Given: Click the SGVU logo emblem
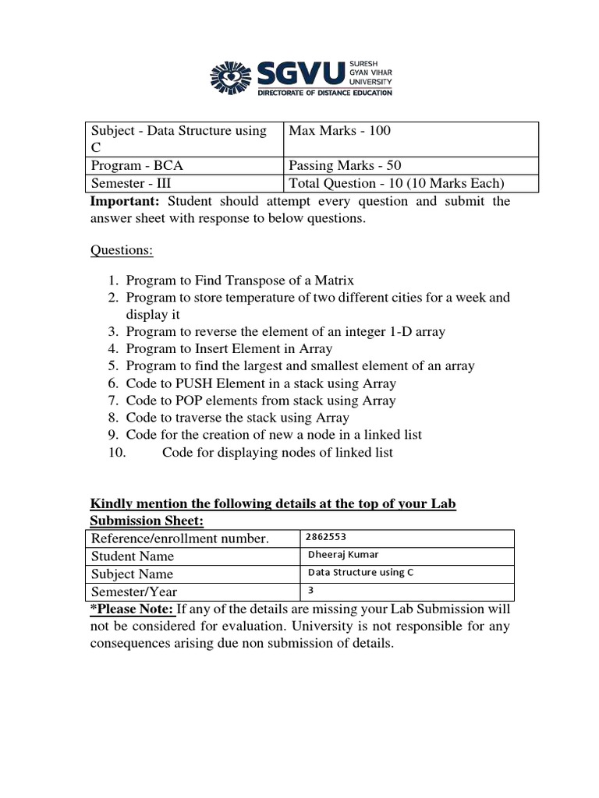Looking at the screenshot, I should coord(232,77).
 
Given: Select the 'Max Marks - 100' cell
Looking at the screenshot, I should coord(339,131).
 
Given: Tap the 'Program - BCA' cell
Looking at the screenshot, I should coord(137,165).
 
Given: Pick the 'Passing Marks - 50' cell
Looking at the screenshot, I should coord(345,165).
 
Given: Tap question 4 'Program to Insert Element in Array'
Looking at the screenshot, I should coord(229,348).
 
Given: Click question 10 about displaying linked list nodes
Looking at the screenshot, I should coord(277,452).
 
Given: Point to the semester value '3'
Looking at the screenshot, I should coord(311,590).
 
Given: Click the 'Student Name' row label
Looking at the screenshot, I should coord(133,556).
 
